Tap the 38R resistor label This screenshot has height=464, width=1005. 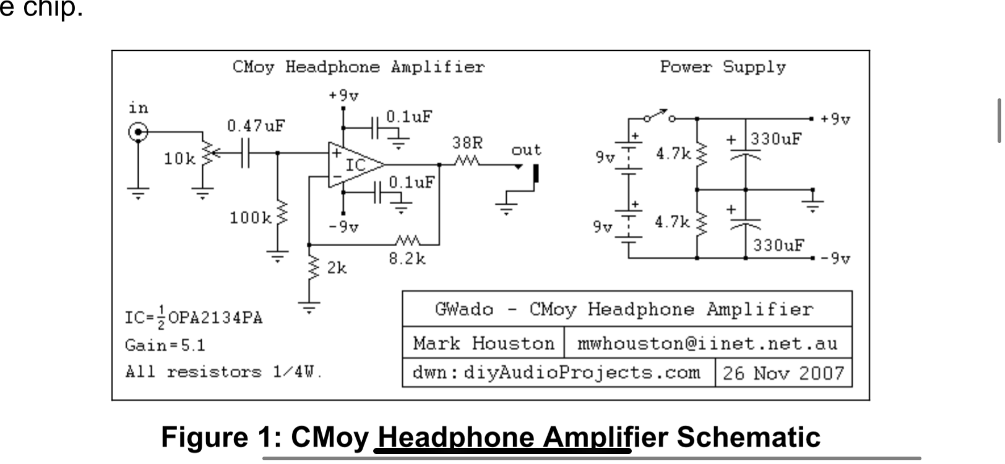coord(467,143)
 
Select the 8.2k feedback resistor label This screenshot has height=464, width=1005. coord(407,259)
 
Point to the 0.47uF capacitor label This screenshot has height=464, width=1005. coord(256,126)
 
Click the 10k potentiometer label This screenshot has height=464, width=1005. coord(179,159)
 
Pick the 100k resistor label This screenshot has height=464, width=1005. coord(250,218)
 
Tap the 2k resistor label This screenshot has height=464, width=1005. coord(337,268)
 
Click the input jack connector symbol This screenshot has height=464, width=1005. coord(138,132)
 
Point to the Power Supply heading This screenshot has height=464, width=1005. coord(722,67)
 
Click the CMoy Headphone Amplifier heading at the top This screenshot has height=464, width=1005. coord(358,67)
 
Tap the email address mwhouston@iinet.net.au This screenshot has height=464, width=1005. coord(707,343)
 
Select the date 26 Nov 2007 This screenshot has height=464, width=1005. coord(783,373)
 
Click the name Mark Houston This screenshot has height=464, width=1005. coord(483,343)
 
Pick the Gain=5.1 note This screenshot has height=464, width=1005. coord(165,345)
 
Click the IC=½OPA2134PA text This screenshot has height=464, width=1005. coord(194,318)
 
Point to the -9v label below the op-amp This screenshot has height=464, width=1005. coord(343,227)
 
